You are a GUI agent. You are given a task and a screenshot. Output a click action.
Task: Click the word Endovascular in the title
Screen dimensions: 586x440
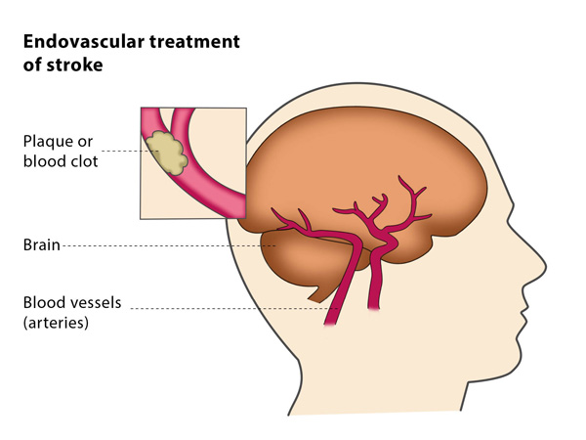click(x=84, y=41)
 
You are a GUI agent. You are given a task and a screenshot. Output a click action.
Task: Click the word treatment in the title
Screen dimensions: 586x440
click(x=194, y=41)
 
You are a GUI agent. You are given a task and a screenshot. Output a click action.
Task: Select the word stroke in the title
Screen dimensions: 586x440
click(x=75, y=65)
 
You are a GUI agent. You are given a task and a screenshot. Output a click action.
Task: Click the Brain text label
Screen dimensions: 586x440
click(x=41, y=245)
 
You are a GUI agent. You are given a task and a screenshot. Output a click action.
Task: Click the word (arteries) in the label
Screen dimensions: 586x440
click(x=56, y=323)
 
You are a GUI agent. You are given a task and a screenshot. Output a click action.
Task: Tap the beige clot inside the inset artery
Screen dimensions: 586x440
click(x=167, y=153)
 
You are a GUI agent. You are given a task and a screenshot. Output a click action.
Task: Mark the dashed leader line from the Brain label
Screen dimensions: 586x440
click(x=169, y=245)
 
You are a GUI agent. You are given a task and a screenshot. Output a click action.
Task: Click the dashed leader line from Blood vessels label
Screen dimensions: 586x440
click(x=234, y=309)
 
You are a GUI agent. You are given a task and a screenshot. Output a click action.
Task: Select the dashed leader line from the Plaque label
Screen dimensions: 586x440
click(x=130, y=152)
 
